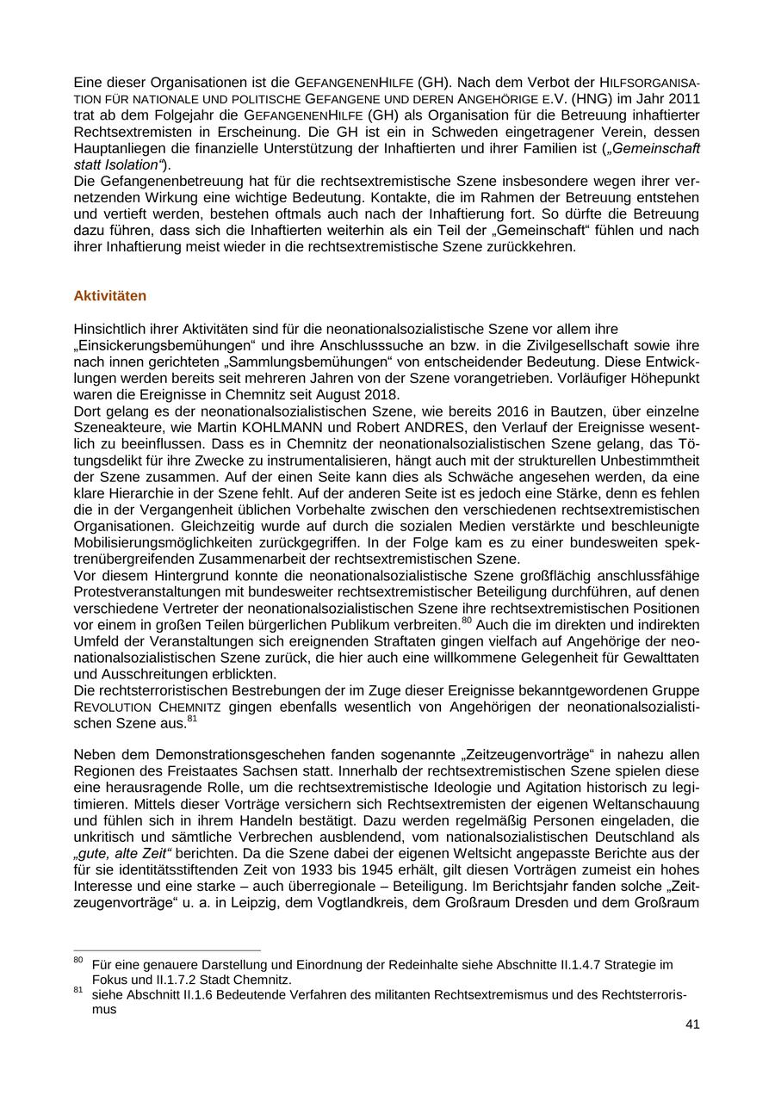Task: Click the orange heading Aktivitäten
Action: coord(110,296)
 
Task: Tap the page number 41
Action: coord(692,1024)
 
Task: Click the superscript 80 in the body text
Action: coord(467,620)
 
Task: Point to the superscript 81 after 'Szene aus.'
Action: coord(192,719)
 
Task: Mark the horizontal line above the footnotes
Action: coord(167,950)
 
